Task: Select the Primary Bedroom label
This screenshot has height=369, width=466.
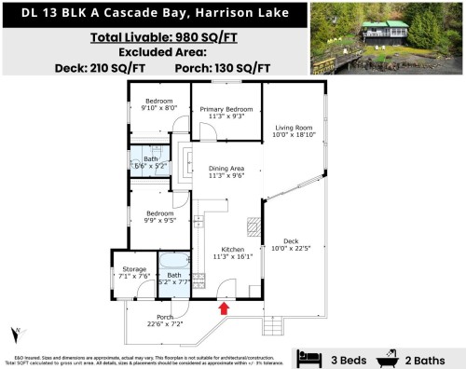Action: pyautogui.click(x=226, y=109)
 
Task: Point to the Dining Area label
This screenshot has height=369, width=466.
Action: pyautogui.click(x=226, y=170)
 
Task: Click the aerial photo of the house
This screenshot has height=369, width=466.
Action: pyautogui.click(x=386, y=37)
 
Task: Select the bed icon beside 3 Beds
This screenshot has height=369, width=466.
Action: pyautogui.click(x=306, y=357)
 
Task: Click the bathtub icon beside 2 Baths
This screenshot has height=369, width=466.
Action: pyautogui.click(x=387, y=357)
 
